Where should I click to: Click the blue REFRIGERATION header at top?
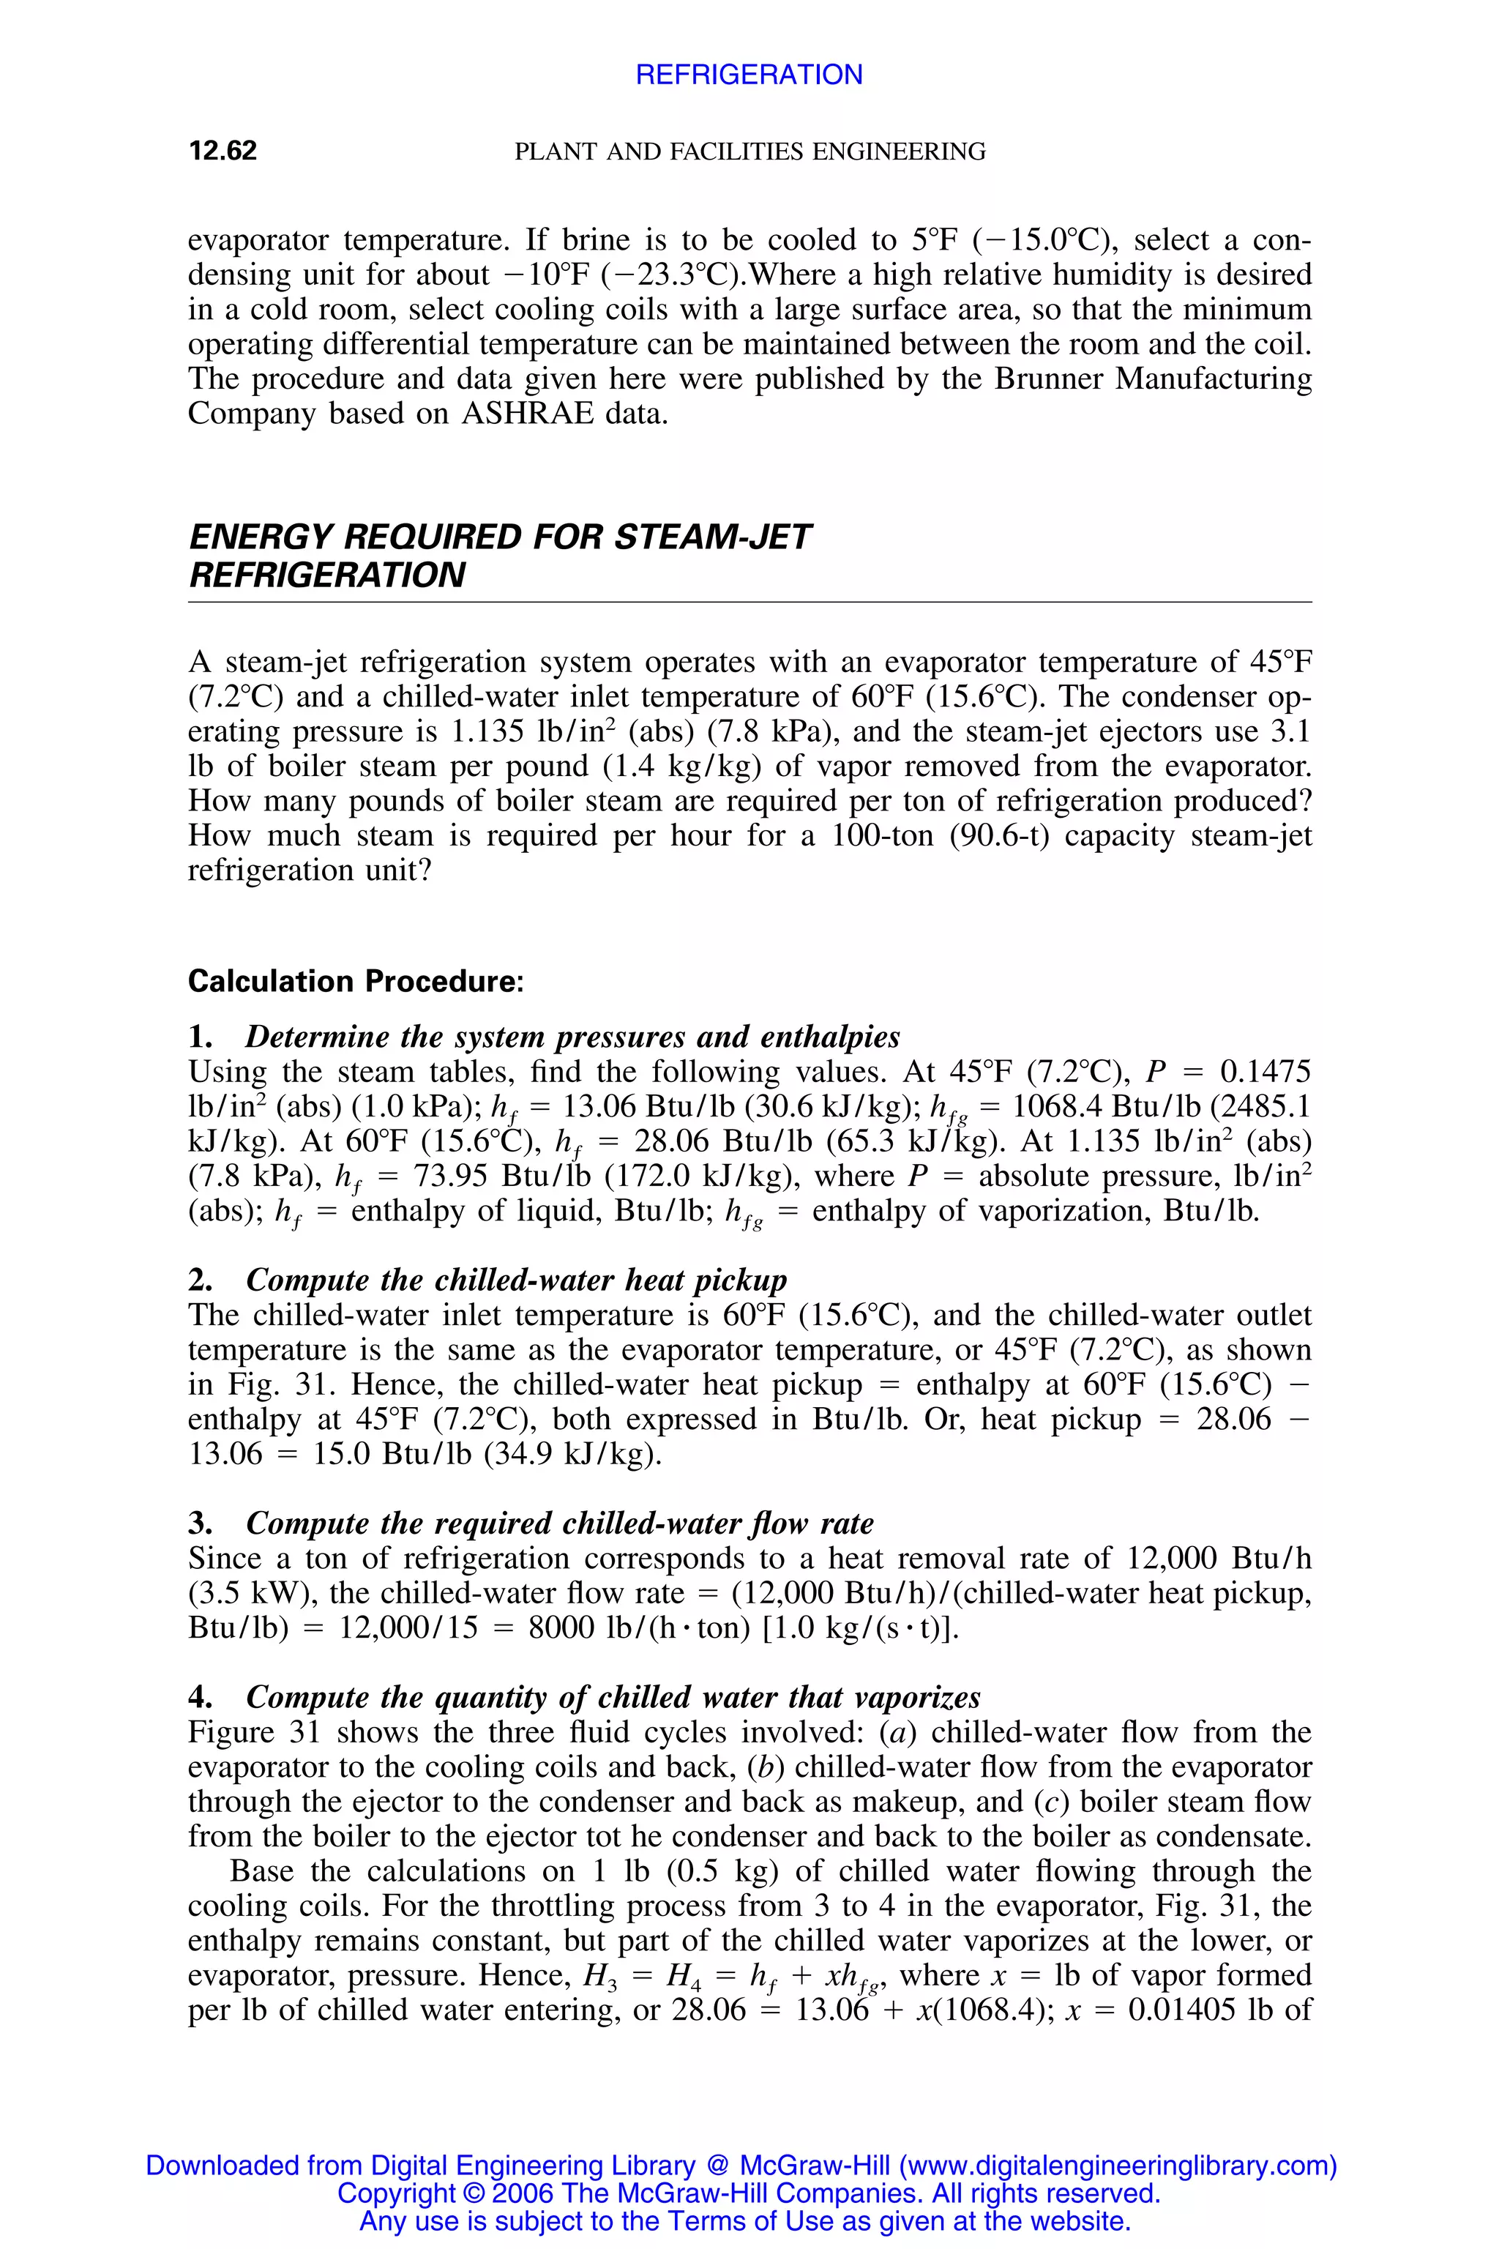pyautogui.click(x=749, y=75)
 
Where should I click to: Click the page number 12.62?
pyautogui.click(x=223, y=151)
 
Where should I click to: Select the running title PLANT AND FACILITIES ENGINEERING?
pyautogui.click(x=749, y=151)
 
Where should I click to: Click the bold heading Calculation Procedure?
pyautogui.click(x=356, y=981)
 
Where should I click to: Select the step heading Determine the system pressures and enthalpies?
pyautogui.click(x=572, y=1037)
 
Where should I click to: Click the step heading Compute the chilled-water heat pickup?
pyautogui.click(x=516, y=1280)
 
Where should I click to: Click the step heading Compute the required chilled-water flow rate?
pyautogui.click(x=559, y=1523)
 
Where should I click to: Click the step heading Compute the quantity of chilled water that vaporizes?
pyautogui.click(x=613, y=1697)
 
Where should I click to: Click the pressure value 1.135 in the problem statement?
pyautogui.click(x=486, y=731)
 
